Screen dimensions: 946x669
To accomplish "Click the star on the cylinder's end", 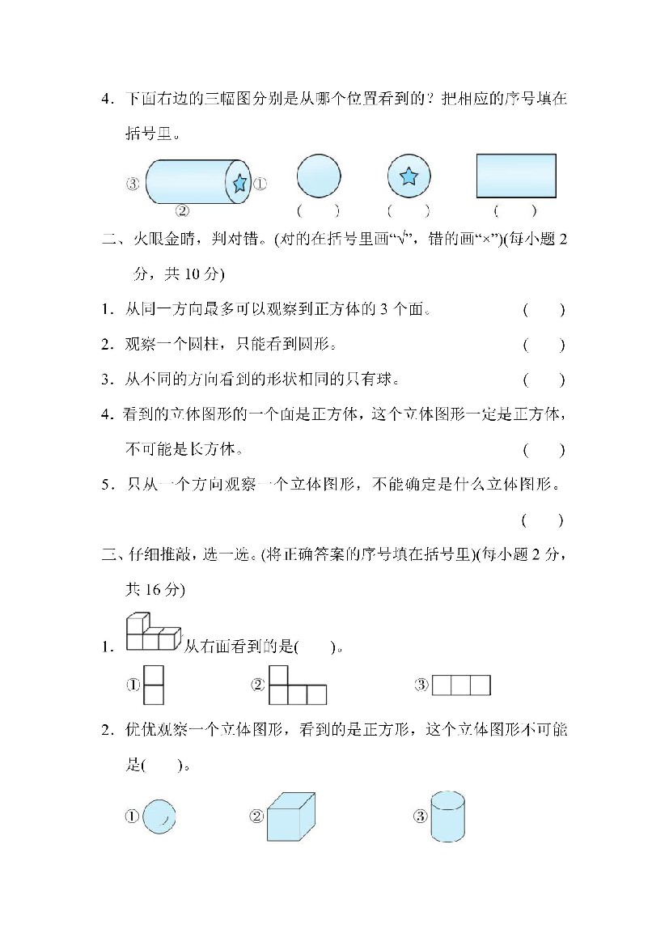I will coord(239,183).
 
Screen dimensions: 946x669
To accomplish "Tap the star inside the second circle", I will coord(409,176).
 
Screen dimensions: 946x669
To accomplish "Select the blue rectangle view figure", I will coord(516,176).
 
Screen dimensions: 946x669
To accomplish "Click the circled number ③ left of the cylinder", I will coord(133,184).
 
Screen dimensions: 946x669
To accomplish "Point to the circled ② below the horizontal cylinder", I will coord(183,210).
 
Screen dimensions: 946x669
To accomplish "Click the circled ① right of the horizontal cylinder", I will coord(260,184).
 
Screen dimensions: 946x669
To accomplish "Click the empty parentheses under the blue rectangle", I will coord(515,211).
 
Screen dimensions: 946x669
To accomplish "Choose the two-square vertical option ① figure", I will coord(154,685).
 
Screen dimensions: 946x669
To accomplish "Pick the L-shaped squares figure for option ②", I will coord(297,685).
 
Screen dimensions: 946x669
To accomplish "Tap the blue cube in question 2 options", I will coord(291,817).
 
